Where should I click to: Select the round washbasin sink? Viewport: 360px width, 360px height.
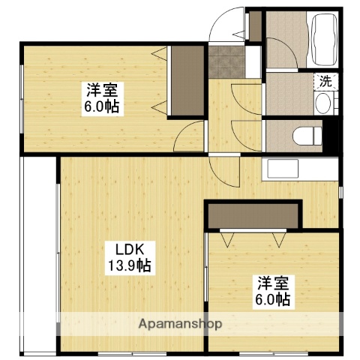(323, 104)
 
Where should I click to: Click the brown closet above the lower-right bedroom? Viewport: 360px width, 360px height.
(253, 214)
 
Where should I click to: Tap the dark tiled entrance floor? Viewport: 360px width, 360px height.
(222, 62)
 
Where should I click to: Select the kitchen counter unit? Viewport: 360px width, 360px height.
(299, 169)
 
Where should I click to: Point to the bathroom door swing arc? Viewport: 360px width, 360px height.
(278, 55)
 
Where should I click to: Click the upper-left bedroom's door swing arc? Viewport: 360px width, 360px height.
(192, 137)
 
